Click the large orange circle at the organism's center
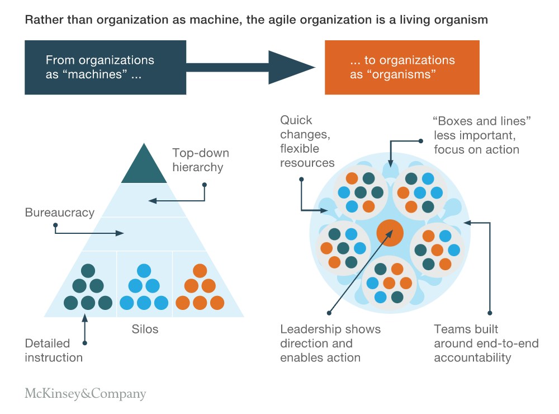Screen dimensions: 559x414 (390, 233)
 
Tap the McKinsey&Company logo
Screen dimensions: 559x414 (86, 393)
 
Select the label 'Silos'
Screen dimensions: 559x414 (145, 329)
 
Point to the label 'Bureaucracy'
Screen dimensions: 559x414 (60, 213)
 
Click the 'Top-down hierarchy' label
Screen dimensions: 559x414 (201, 160)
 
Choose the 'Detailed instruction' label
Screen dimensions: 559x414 (54, 350)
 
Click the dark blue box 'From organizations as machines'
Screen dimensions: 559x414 (105, 68)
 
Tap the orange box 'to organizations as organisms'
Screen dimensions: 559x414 (402, 68)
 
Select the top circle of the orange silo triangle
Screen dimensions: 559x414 (200, 271)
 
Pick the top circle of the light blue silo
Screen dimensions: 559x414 (144, 271)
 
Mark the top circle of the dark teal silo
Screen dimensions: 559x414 (88, 271)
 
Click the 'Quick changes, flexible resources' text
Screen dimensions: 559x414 (307, 142)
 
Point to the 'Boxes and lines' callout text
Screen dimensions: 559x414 (482, 135)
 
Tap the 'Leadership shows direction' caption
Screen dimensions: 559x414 (330, 343)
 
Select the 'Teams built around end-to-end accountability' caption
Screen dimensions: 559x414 (486, 343)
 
